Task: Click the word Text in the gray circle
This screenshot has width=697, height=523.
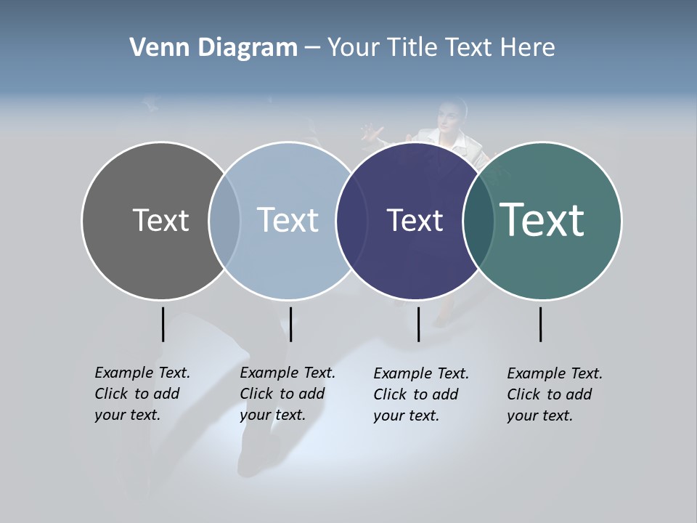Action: click(x=160, y=220)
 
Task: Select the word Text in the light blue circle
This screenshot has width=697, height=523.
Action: click(x=288, y=220)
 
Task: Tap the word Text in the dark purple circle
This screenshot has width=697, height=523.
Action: click(x=415, y=220)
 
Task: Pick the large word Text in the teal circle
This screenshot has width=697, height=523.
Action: click(x=542, y=220)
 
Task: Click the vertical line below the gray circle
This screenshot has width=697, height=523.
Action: click(x=163, y=324)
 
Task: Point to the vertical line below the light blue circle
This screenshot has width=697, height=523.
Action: click(x=290, y=324)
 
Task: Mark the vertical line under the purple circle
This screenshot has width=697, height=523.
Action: click(x=418, y=324)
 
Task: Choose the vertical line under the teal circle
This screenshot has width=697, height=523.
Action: click(x=540, y=324)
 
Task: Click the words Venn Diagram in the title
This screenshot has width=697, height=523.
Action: click(x=213, y=48)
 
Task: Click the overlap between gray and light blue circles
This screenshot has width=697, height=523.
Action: click(x=224, y=220)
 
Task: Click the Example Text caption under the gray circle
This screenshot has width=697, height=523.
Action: click(x=142, y=394)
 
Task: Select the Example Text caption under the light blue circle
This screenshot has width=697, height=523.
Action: click(x=288, y=394)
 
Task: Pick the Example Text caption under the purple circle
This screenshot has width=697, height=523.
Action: click(x=421, y=394)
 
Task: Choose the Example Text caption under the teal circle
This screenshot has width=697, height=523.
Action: click(x=555, y=394)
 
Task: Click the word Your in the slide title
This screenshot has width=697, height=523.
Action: click(x=354, y=48)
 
